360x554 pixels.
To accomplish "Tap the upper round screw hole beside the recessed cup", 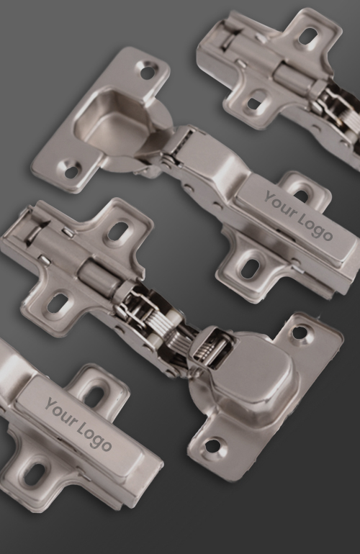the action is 148,71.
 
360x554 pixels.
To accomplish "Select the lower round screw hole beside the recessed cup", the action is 72,171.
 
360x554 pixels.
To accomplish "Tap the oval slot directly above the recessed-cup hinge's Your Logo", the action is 300,195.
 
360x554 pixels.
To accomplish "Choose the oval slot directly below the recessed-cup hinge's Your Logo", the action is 250,269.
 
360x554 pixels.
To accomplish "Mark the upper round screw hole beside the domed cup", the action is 300,332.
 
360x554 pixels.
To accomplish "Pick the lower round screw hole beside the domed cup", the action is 212,446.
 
